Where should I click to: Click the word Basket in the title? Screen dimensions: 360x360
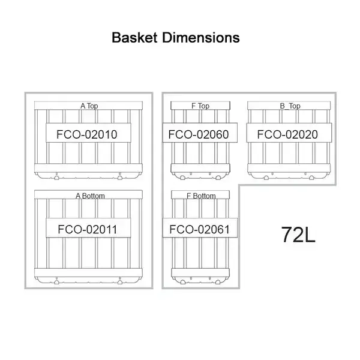pyautogui.click(x=134, y=37)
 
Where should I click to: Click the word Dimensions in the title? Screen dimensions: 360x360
pyautogui.click(x=201, y=37)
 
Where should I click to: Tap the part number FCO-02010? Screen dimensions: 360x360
pyautogui.click(x=87, y=134)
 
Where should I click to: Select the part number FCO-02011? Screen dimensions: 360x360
pyautogui.click(x=87, y=229)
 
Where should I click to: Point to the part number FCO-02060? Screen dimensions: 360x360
pyautogui.click(x=199, y=134)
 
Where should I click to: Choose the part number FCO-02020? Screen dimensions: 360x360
pyautogui.click(x=287, y=134)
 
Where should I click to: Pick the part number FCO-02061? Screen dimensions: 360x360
pyautogui.click(x=200, y=229)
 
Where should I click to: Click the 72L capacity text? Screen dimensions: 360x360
pyautogui.click(x=298, y=235)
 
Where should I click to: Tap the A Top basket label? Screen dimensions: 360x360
pyautogui.click(x=89, y=106)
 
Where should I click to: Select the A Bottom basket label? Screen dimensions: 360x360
pyautogui.click(x=90, y=196)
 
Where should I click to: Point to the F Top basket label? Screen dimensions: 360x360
pyautogui.click(x=200, y=106)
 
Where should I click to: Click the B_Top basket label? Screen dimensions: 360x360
pyautogui.click(x=290, y=106)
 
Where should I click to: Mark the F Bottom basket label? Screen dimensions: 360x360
pyautogui.click(x=201, y=196)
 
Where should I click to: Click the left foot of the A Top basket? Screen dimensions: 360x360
pyautogui.click(x=56, y=178)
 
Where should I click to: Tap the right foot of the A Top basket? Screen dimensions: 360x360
pyautogui.click(x=120, y=178)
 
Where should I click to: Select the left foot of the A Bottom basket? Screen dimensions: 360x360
pyautogui.click(x=56, y=282)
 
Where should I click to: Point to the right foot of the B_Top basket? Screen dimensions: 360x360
pyautogui.click(x=311, y=178)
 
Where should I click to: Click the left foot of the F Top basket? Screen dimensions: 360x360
pyautogui.click(x=182, y=178)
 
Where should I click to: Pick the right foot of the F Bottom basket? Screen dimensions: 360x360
pyautogui.click(x=218, y=282)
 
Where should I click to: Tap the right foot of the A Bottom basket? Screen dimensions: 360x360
pyautogui.click(x=120, y=282)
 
